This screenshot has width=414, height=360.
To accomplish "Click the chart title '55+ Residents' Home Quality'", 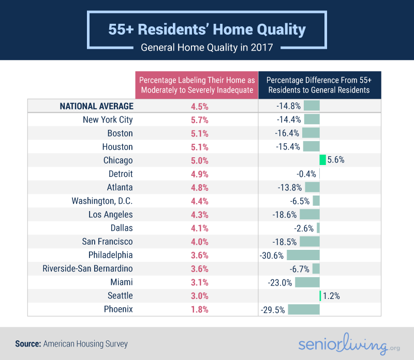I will tap(207, 29).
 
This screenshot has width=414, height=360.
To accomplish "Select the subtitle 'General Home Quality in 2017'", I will tap(207, 48).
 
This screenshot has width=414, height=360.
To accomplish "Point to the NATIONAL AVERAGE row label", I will tap(96, 107).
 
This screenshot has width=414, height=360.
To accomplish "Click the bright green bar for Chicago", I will tap(322, 160).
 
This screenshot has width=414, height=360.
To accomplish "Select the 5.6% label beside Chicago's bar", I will tap(336, 160).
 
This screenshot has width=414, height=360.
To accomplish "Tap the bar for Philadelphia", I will tap(303, 255).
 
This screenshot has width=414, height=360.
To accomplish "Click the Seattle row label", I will tap(120, 296).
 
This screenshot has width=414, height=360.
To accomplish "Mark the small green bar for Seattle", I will tap(320, 296).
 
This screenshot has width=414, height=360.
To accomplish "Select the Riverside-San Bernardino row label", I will tap(87, 269).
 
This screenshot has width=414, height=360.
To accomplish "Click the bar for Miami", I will tap(307, 282).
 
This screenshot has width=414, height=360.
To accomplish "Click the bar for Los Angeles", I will tap(309, 215).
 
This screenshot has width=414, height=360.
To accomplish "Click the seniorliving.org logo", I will tap(343, 346).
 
